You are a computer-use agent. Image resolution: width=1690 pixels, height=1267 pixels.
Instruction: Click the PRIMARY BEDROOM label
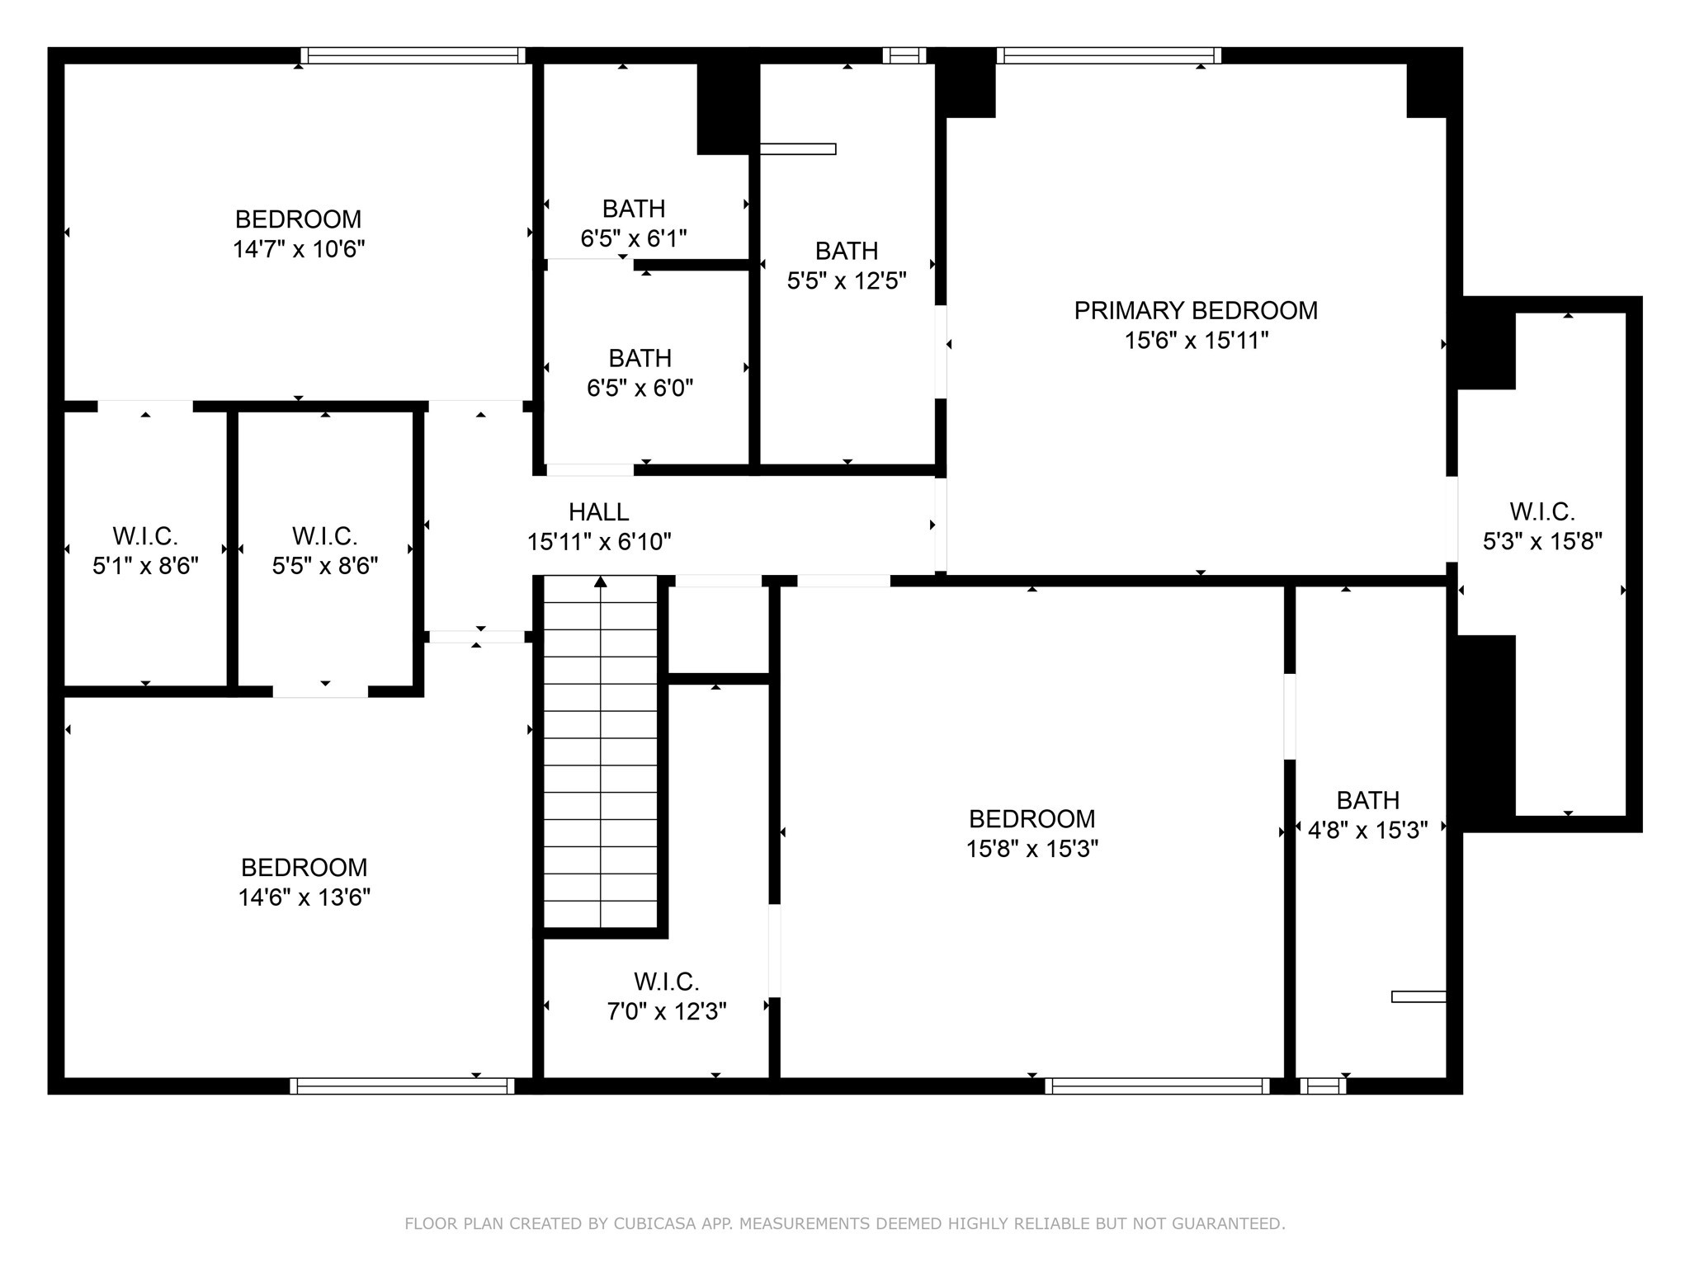tap(1196, 311)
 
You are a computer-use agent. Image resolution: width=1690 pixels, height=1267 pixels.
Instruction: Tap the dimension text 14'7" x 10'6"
tap(299, 249)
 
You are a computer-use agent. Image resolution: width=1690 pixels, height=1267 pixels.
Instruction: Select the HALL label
tap(598, 512)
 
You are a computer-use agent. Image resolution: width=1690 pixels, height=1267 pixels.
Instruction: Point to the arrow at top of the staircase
tap(601, 582)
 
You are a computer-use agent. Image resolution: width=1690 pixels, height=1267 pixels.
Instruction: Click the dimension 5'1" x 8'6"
tap(145, 566)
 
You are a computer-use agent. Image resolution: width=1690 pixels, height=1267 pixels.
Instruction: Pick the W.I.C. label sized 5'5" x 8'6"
tap(324, 537)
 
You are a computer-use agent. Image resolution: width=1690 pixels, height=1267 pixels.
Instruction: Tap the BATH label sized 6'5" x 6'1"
tap(633, 209)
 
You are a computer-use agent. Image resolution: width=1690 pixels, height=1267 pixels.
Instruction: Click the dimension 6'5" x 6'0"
tap(640, 388)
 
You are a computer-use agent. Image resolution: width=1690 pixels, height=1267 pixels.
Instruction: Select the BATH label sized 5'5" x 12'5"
tap(846, 251)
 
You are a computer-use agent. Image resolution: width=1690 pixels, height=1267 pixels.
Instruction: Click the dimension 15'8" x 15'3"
tap(1031, 849)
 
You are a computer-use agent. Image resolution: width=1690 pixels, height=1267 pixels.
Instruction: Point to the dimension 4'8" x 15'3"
tap(1367, 830)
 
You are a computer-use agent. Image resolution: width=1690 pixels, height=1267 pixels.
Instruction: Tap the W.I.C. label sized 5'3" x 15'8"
tap(1541, 512)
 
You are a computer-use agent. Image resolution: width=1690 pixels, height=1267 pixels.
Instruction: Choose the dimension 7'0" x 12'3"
tap(666, 1011)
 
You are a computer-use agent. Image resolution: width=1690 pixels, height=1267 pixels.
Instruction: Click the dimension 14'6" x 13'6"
tap(304, 897)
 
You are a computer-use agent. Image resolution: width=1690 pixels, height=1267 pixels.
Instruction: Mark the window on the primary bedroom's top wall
tap(1108, 55)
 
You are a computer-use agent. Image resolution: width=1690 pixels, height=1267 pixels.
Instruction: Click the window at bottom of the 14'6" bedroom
tap(402, 1086)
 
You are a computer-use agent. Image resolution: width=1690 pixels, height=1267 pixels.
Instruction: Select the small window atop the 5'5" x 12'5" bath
tap(904, 55)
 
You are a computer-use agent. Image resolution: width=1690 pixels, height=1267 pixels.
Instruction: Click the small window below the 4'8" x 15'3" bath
tap(1323, 1086)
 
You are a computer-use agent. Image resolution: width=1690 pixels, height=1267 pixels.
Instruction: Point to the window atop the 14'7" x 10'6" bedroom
tap(413, 55)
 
